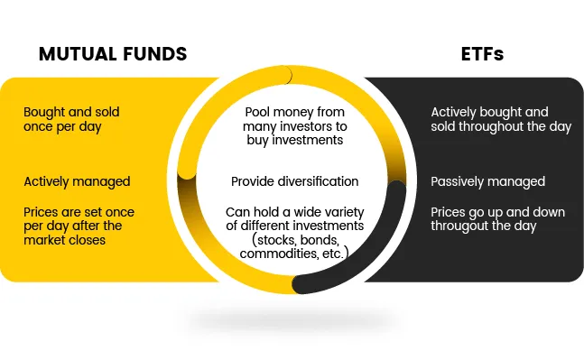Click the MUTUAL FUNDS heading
[x=113, y=54]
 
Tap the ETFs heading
[x=482, y=54]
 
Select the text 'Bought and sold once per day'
[x=71, y=119]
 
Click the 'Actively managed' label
[x=77, y=181]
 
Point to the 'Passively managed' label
[x=487, y=181]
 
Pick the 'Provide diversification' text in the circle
[x=294, y=181]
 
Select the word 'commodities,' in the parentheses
[x=274, y=255]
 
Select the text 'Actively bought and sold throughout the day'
[x=500, y=119]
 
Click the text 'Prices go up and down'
[x=498, y=212]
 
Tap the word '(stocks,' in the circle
[x=271, y=240]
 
